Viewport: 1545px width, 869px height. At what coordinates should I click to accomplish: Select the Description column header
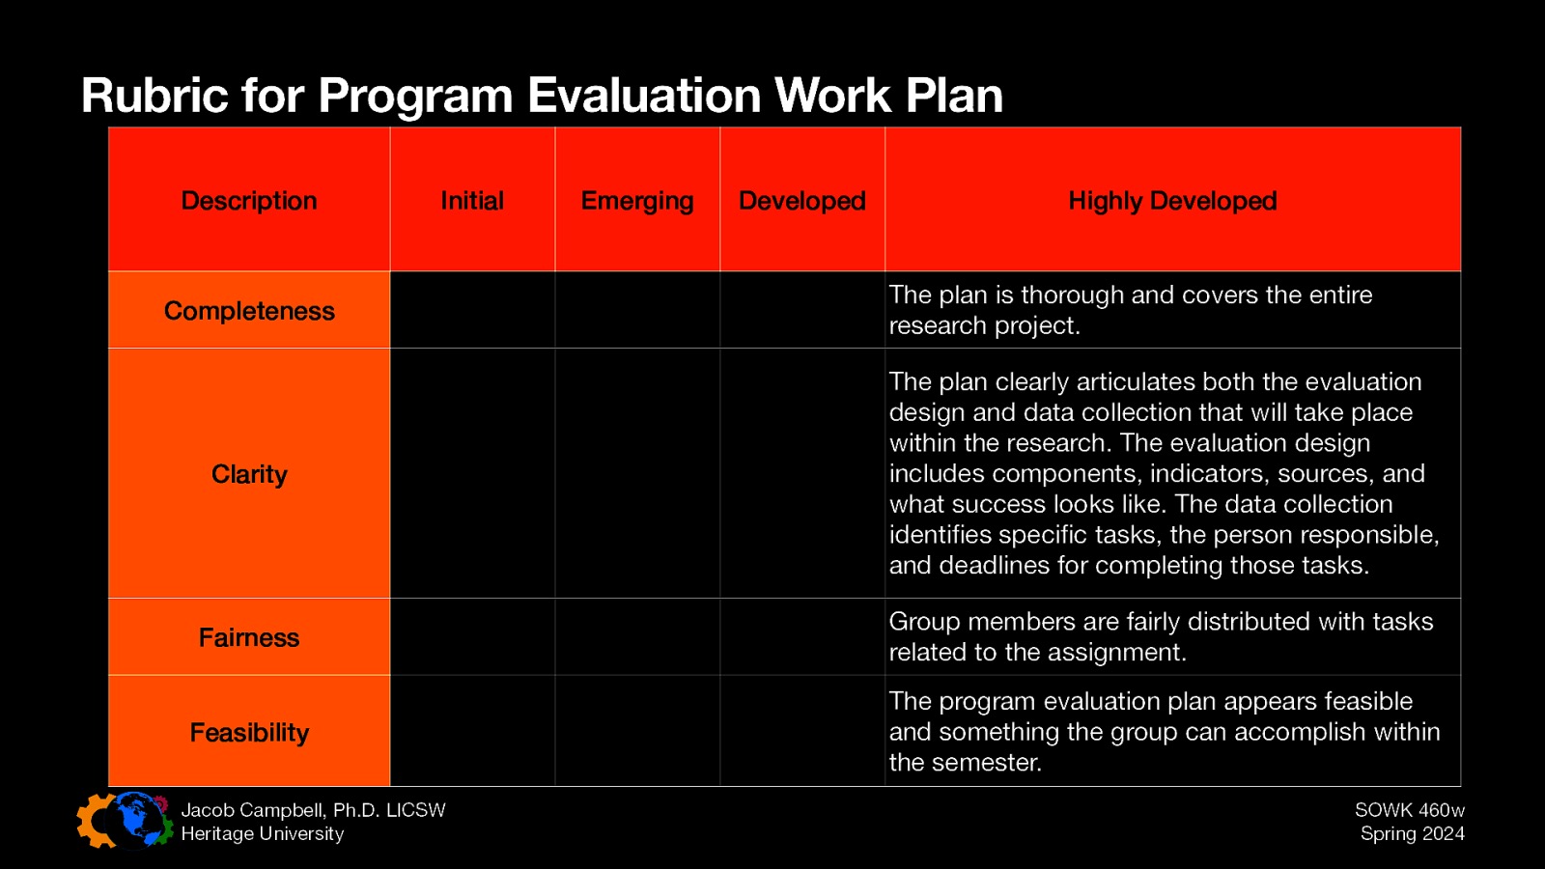coord(249,201)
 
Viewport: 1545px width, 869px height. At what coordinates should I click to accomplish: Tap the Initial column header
coord(472,201)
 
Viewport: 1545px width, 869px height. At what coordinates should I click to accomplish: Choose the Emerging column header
coord(637,201)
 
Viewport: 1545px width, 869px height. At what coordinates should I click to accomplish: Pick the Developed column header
coord(802,201)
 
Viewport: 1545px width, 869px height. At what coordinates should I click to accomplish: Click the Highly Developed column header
coord(1172,201)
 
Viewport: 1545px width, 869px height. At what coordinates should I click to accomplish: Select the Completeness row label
coord(249,311)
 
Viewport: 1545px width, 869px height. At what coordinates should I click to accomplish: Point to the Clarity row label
coord(249,474)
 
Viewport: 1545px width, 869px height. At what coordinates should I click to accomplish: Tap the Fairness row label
coord(249,637)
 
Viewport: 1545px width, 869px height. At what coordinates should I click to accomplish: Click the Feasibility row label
coord(249,733)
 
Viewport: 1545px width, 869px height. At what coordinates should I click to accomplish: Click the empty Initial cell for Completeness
coord(472,310)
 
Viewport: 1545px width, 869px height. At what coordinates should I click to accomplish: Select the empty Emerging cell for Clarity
coord(637,473)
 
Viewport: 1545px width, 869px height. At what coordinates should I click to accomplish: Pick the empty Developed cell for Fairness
coord(802,637)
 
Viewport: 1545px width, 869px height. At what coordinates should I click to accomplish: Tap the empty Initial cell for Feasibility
coord(472,731)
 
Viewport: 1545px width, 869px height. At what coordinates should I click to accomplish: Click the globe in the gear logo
coord(138,820)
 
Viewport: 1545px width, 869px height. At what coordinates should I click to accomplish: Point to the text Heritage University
coord(262,833)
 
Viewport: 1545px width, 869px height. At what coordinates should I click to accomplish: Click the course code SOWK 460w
coord(1409,810)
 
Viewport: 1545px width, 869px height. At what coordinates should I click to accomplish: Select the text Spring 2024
coord(1412,833)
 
